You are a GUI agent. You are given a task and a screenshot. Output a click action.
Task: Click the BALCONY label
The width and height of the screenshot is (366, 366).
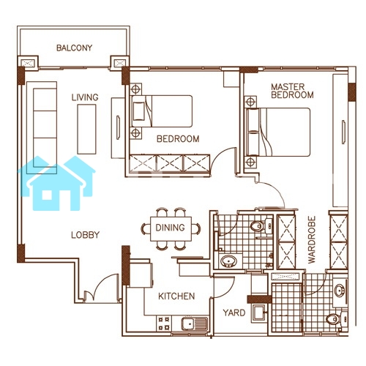tap(74, 48)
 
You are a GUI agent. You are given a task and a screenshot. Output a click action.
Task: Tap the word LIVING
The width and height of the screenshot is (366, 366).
tap(85, 97)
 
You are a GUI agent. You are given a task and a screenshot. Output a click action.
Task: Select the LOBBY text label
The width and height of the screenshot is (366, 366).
tap(86, 235)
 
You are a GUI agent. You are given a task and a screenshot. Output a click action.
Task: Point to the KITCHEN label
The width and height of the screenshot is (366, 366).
tap(176, 296)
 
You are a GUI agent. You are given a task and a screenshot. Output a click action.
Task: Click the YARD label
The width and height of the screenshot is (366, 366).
tap(234, 313)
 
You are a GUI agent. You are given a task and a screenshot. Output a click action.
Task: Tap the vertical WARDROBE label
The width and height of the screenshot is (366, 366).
tap(312, 239)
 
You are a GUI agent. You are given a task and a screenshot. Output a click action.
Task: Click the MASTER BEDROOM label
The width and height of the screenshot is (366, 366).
tap(292, 91)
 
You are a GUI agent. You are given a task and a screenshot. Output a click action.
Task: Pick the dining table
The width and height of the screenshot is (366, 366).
tap(171, 228)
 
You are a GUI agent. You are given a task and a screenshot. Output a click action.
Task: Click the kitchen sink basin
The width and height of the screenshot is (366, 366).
tap(187, 324)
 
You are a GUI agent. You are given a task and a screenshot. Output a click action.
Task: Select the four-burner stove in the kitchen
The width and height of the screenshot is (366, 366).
tap(164, 324)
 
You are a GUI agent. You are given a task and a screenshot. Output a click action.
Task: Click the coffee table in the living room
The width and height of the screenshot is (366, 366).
tap(86, 129)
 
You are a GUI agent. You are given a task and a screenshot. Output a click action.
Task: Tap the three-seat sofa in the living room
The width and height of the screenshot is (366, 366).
tap(42, 127)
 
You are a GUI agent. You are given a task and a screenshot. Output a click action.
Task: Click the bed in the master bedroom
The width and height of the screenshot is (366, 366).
tap(278, 132)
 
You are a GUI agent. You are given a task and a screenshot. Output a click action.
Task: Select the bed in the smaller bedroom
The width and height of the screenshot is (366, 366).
tap(162, 111)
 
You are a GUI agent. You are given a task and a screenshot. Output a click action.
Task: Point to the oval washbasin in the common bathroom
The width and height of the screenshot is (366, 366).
tap(228, 261)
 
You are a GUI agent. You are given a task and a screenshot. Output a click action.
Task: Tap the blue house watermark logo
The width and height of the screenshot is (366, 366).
tap(56, 183)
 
